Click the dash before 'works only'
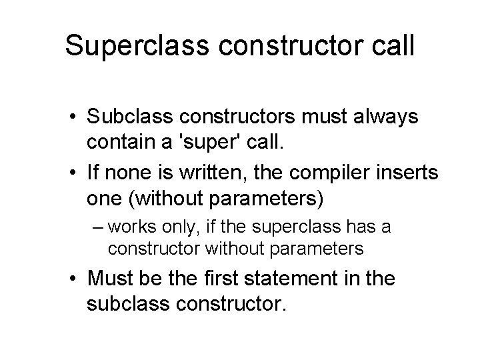click(x=95, y=227)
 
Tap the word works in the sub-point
click(x=129, y=227)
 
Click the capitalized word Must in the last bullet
click(x=107, y=279)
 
